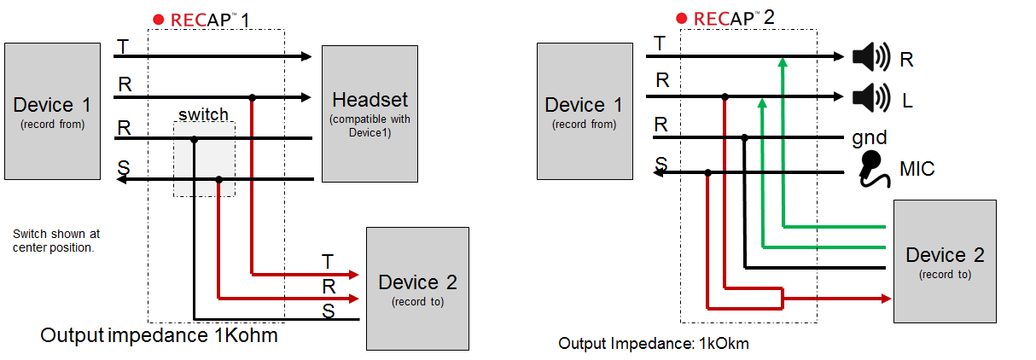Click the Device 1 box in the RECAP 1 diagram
pos(52,112)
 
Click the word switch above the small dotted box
pos(203,114)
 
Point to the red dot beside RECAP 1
pos(157,19)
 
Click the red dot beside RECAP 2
pos(681,18)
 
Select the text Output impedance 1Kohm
pos(159,336)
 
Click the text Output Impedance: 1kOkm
pos(653,344)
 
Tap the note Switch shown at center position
pos(57,240)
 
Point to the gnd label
pos(869,136)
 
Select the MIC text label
pos(917,169)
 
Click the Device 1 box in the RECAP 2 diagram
pos(585,112)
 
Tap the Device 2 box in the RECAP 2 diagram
pos(945,261)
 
